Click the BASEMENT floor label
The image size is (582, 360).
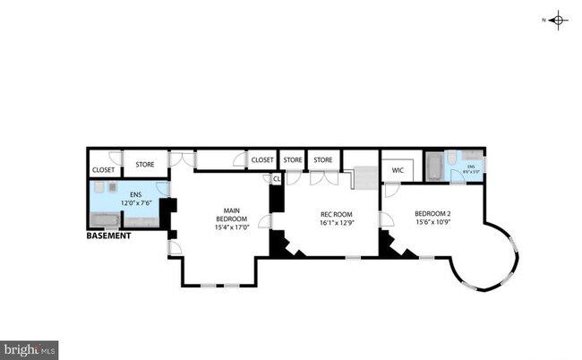click(x=108, y=236)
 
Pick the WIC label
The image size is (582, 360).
click(x=398, y=169)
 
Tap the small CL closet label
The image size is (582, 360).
click(x=277, y=178)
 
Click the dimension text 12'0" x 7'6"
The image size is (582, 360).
click(x=136, y=202)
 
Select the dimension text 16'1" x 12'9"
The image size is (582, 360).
click(x=338, y=224)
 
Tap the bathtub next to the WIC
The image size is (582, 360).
click(x=432, y=167)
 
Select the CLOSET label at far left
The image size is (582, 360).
click(x=103, y=169)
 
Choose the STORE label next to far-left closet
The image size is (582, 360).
click(x=144, y=164)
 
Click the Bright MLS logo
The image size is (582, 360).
click(x=30, y=349)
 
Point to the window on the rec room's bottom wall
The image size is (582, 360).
click(x=352, y=257)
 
